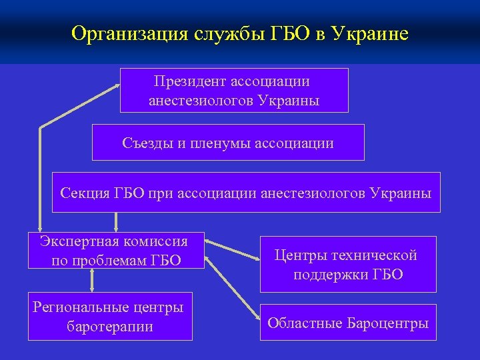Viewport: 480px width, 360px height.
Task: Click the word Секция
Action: [x=83, y=193]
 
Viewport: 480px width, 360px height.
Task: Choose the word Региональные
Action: [x=84, y=307]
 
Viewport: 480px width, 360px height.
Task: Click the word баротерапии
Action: [x=110, y=327]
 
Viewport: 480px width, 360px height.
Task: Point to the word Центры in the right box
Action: [x=298, y=255]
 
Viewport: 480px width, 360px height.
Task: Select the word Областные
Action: [x=305, y=323]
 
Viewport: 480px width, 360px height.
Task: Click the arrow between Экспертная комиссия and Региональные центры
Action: [x=92, y=281]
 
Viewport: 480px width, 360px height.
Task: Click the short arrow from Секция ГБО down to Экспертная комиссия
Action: [x=117, y=221]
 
